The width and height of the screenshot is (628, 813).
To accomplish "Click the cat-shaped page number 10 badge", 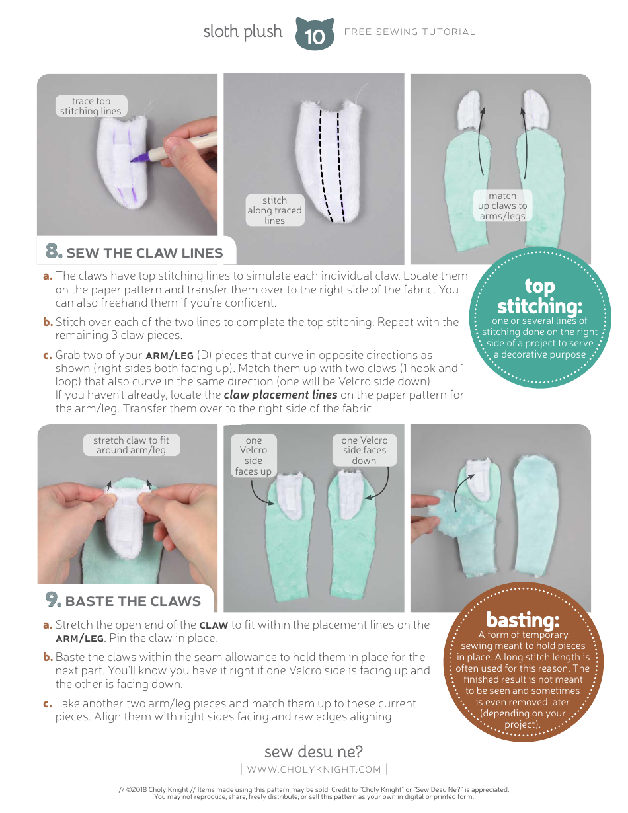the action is pyautogui.click(x=315, y=34).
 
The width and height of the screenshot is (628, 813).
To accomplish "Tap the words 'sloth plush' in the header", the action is pyautogui.click(x=243, y=32).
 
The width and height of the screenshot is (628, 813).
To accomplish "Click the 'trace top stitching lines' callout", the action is pyautogui.click(x=91, y=106).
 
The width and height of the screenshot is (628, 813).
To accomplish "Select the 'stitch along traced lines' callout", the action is pyautogui.click(x=274, y=210).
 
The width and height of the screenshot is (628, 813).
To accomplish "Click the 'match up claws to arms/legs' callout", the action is pyautogui.click(x=502, y=206).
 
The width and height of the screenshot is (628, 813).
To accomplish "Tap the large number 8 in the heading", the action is pyautogui.click(x=54, y=251).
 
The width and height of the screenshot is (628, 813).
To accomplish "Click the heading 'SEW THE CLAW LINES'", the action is pyautogui.click(x=145, y=253).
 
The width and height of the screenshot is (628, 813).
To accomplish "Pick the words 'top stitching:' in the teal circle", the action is pyautogui.click(x=539, y=296).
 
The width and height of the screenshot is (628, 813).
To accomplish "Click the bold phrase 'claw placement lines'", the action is pyautogui.click(x=280, y=395).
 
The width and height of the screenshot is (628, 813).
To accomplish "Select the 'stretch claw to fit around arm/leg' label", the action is pyautogui.click(x=132, y=445).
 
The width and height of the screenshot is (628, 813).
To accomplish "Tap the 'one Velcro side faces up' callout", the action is pyautogui.click(x=254, y=455).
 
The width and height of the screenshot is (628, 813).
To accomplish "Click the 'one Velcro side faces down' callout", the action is pyautogui.click(x=364, y=451).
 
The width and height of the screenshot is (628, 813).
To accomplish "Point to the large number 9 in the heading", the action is pyautogui.click(x=53, y=600).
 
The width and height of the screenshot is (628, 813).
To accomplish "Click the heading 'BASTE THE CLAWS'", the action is pyautogui.click(x=133, y=601).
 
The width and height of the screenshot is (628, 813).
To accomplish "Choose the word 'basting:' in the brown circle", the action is pyautogui.click(x=523, y=620).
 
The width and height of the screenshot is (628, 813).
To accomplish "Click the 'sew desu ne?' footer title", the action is pyautogui.click(x=314, y=752).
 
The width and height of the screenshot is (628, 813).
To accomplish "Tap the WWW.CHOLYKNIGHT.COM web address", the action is pyautogui.click(x=314, y=769).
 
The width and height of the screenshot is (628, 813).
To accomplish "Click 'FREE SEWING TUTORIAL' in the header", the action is pyautogui.click(x=410, y=32).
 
